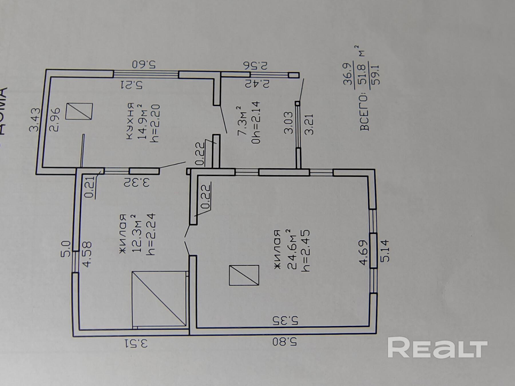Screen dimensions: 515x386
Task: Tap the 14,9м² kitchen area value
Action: (x=142, y=122)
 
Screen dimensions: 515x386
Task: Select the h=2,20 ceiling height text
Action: (x=156, y=123)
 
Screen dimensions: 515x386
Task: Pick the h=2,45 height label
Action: (x=305, y=250)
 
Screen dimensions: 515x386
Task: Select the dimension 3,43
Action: (x=35, y=119)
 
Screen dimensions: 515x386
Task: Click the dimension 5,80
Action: (x=284, y=342)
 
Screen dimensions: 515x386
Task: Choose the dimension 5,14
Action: (x=384, y=251)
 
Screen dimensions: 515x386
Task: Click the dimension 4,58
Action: (x=87, y=254)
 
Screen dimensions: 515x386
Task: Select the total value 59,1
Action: (x=375, y=75)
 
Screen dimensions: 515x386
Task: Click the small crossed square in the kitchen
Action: (x=79, y=112)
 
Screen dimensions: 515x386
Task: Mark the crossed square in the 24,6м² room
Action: (x=244, y=275)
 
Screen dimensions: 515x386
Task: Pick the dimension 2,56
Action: (x=255, y=65)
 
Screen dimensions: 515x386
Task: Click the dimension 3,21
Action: (x=309, y=124)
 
